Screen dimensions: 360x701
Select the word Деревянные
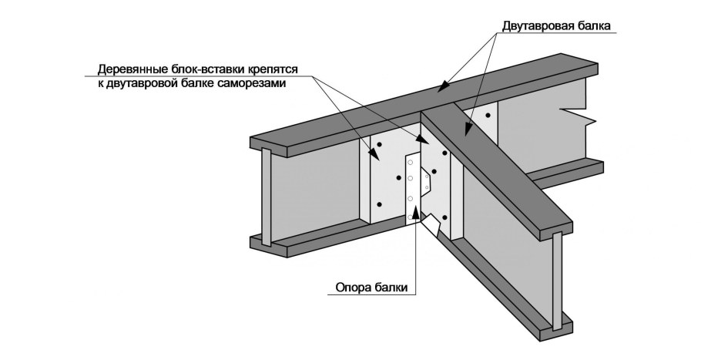132,68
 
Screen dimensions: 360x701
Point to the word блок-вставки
204,68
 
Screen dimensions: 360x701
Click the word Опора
354,289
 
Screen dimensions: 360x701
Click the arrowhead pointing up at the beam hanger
417,211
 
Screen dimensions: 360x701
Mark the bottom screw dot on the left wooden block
379,204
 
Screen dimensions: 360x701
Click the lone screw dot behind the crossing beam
487,116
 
